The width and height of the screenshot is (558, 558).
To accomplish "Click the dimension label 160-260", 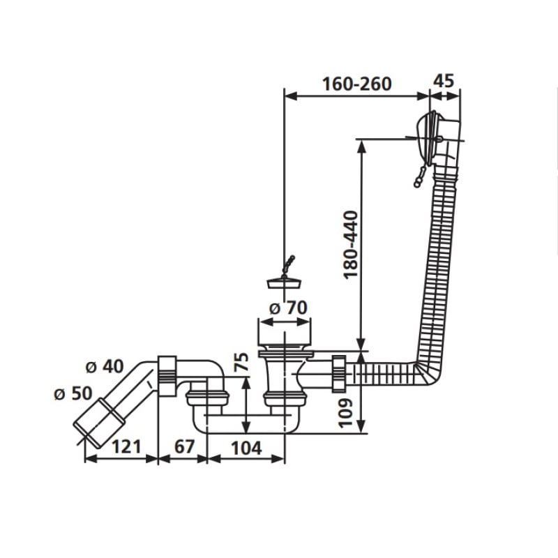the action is (356, 84).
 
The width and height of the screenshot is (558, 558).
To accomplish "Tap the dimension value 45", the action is (444, 81).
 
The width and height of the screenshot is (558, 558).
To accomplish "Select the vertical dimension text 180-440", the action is (351, 246).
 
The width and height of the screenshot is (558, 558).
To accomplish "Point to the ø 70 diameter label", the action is (288, 308).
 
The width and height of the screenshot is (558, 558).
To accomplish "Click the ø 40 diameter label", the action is (105, 366).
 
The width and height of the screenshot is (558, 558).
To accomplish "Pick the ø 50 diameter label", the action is (73, 393).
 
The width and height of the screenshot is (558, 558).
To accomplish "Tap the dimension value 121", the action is (127, 446).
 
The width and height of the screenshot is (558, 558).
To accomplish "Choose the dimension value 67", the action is (184, 446).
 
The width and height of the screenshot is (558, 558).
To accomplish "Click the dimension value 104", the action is (247, 448).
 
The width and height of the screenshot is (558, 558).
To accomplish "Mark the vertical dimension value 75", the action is (241, 361).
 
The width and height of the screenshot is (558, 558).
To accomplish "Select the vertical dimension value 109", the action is (345, 413).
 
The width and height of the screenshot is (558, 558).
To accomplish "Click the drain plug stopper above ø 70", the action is (284, 282).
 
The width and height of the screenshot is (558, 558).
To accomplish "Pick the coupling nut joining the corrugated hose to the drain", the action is (339, 373).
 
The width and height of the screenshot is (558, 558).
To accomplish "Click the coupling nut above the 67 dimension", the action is (167, 376).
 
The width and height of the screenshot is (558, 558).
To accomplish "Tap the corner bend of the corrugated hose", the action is (430, 374).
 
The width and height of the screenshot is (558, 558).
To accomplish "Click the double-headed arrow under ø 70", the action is (285, 322).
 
